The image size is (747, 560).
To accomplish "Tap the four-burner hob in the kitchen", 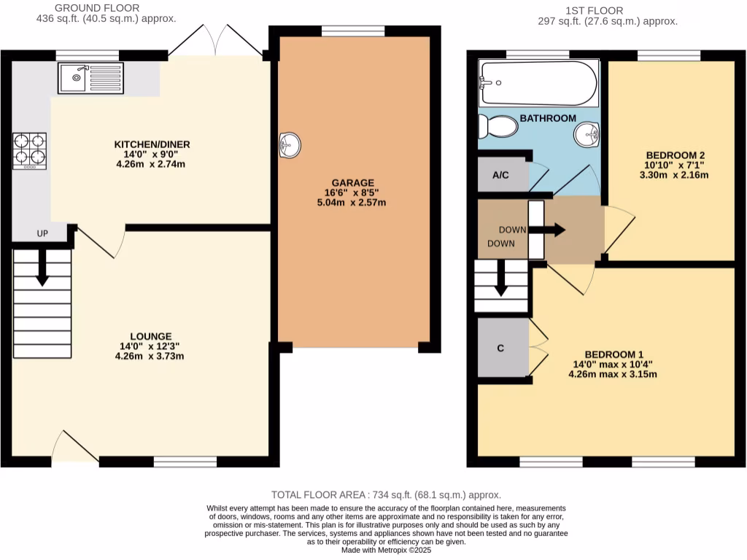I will (29, 151).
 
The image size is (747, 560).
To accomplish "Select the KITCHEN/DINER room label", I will (152, 144).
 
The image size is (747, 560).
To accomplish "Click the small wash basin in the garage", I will (290, 145).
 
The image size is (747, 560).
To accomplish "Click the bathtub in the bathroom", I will (537, 83).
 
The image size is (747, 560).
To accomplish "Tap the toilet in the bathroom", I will (498, 128).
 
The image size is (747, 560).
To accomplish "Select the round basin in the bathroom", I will (586, 134).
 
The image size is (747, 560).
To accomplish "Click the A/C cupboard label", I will (500, 175).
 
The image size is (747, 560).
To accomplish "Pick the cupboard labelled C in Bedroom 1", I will (501, 348).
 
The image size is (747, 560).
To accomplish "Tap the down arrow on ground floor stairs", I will (42, 267).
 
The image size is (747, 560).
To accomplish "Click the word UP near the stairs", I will (44, 234).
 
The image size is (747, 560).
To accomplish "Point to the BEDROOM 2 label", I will (675, 155).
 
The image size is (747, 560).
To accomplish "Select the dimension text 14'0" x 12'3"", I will (150, 346).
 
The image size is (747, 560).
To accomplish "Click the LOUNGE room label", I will (150, 336).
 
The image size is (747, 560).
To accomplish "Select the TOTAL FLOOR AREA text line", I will (386, 494).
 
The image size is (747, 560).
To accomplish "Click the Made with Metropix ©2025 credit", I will (386, 551).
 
